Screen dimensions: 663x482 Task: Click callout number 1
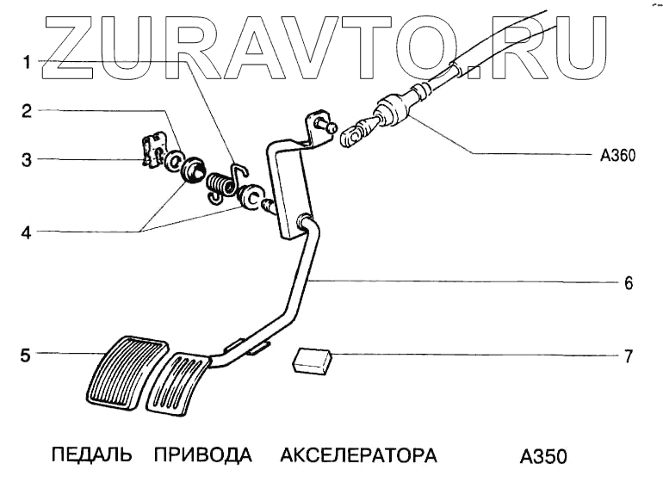(28, 62)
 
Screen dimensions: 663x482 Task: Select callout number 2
(28, 110)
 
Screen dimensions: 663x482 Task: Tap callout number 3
(28, 159)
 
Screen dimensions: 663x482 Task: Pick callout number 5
(28, 354)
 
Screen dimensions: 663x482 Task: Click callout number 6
(629, 282)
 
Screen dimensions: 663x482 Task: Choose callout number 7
(629, 355)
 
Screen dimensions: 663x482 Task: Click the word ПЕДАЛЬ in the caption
(91, 454)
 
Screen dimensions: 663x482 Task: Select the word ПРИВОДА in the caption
(204, 454)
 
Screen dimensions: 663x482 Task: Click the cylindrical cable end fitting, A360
(394, 110)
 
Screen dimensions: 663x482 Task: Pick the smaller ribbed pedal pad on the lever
(179, 382)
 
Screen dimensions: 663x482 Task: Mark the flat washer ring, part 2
(172, 161)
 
